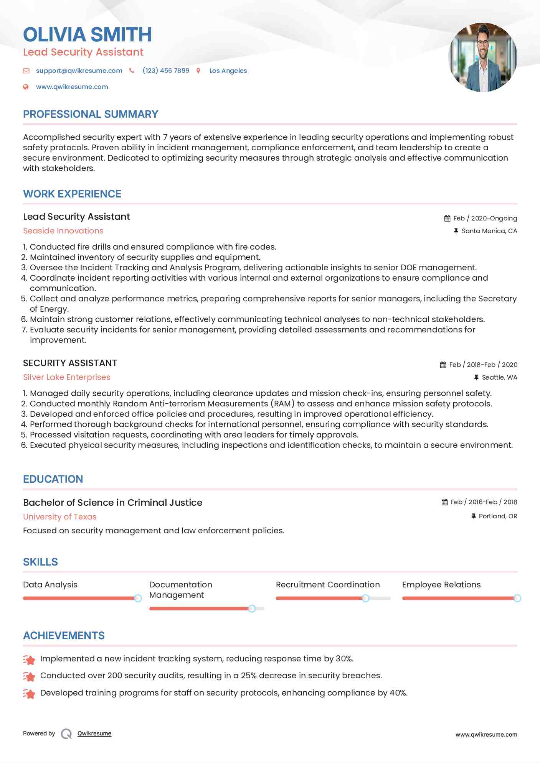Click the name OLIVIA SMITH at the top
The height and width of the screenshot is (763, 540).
[88, 35]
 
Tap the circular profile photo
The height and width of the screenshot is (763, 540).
[482, 57]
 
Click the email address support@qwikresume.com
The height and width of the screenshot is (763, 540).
[79, 71]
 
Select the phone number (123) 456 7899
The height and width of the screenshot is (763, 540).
[166, 71]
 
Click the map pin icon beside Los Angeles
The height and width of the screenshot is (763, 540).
[198, 71]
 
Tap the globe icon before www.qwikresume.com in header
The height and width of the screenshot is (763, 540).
[26, 87]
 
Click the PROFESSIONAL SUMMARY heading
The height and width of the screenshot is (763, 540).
[91, 114]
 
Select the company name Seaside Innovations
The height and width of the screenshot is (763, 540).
[63, 231]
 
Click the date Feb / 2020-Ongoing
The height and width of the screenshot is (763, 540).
[485, 218]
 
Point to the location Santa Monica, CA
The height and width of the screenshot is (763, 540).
[489, 231]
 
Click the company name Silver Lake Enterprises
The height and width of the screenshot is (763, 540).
[67, 377]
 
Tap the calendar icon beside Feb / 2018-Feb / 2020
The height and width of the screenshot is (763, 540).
[443, 365]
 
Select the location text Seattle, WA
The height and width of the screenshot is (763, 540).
[499, 377]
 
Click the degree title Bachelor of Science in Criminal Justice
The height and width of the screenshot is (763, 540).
[112, 503]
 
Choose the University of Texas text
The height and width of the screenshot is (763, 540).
[60, 517]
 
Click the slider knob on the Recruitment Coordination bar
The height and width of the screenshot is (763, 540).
[365, 598]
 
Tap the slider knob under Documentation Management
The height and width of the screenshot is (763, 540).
[251, 608]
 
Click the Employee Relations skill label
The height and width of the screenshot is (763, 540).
[441, 585]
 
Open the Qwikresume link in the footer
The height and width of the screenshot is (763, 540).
[94, 733]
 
